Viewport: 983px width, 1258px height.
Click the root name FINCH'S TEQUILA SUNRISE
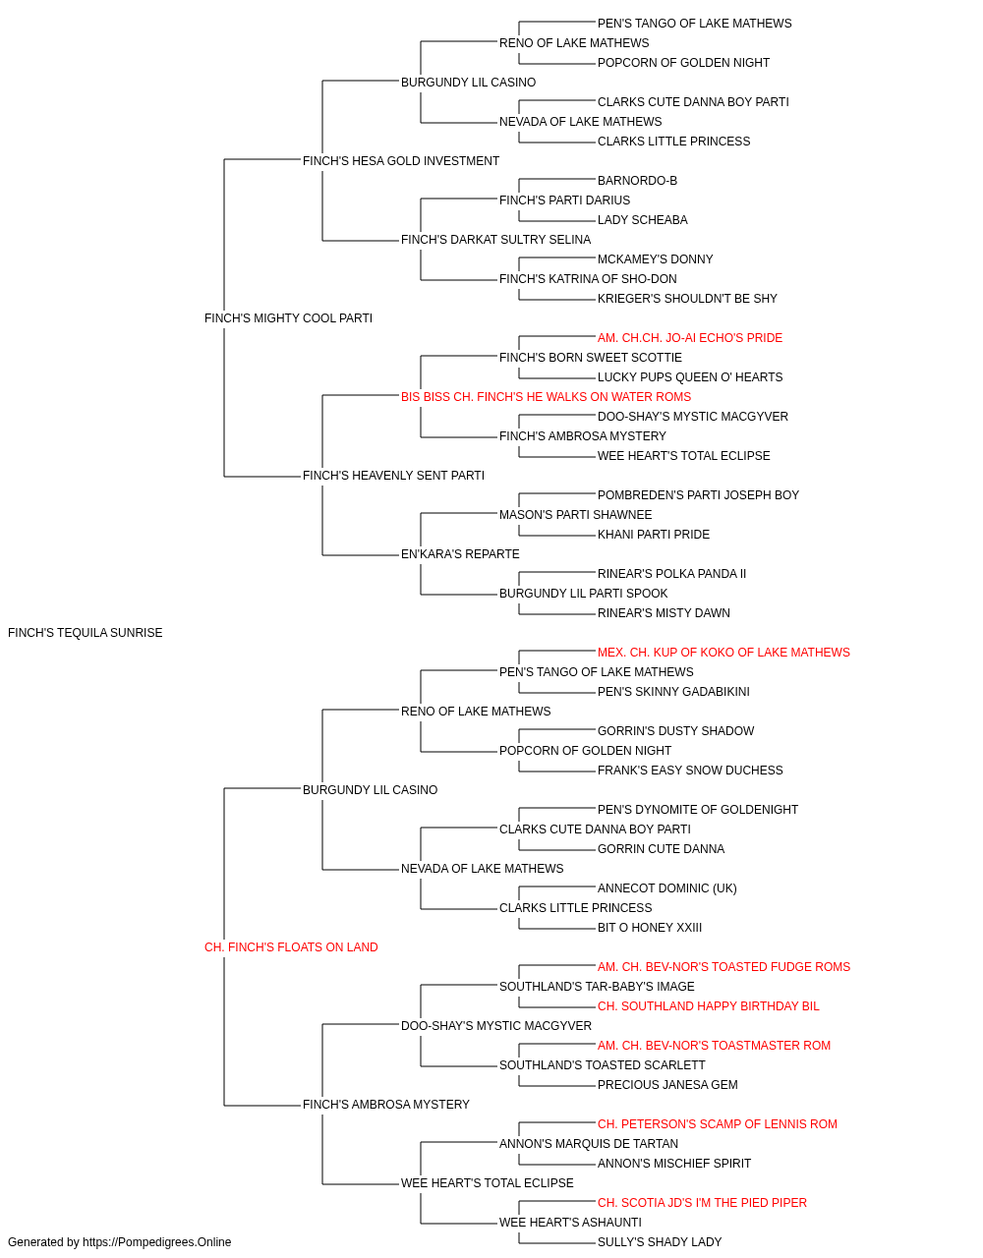[86, 633]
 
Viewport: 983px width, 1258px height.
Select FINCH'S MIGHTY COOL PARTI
[288, 318]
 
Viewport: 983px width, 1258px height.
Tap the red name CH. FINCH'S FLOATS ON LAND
[291, 947]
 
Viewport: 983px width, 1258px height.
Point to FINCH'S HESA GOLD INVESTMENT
[401, 161]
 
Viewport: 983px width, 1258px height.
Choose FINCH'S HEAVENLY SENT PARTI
[393, 476]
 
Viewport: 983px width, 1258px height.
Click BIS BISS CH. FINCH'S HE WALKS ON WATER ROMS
[546, 397]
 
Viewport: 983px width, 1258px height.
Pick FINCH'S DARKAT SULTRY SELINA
[496, 240]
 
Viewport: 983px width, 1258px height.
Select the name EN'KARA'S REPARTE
[460, 554]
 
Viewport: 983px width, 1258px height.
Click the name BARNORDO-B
[637, 181]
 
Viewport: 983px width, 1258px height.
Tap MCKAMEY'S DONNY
[656, 259]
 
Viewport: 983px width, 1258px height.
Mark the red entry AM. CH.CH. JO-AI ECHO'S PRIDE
[690, 338]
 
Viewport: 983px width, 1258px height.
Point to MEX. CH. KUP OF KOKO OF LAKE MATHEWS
[723, 653]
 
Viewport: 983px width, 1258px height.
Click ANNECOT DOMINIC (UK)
[666, 888]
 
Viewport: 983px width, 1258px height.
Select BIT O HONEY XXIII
[650, 928]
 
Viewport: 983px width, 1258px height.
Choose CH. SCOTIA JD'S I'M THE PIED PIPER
[702, 1203]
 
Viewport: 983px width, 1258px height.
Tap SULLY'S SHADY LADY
[660, 1242]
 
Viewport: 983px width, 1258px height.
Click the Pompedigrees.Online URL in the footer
[157, 1242]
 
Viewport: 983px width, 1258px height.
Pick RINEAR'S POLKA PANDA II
[671, 574]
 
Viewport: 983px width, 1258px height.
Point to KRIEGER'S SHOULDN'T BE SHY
[687, 299]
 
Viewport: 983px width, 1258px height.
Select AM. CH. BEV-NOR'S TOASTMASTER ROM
[714, 1046]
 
